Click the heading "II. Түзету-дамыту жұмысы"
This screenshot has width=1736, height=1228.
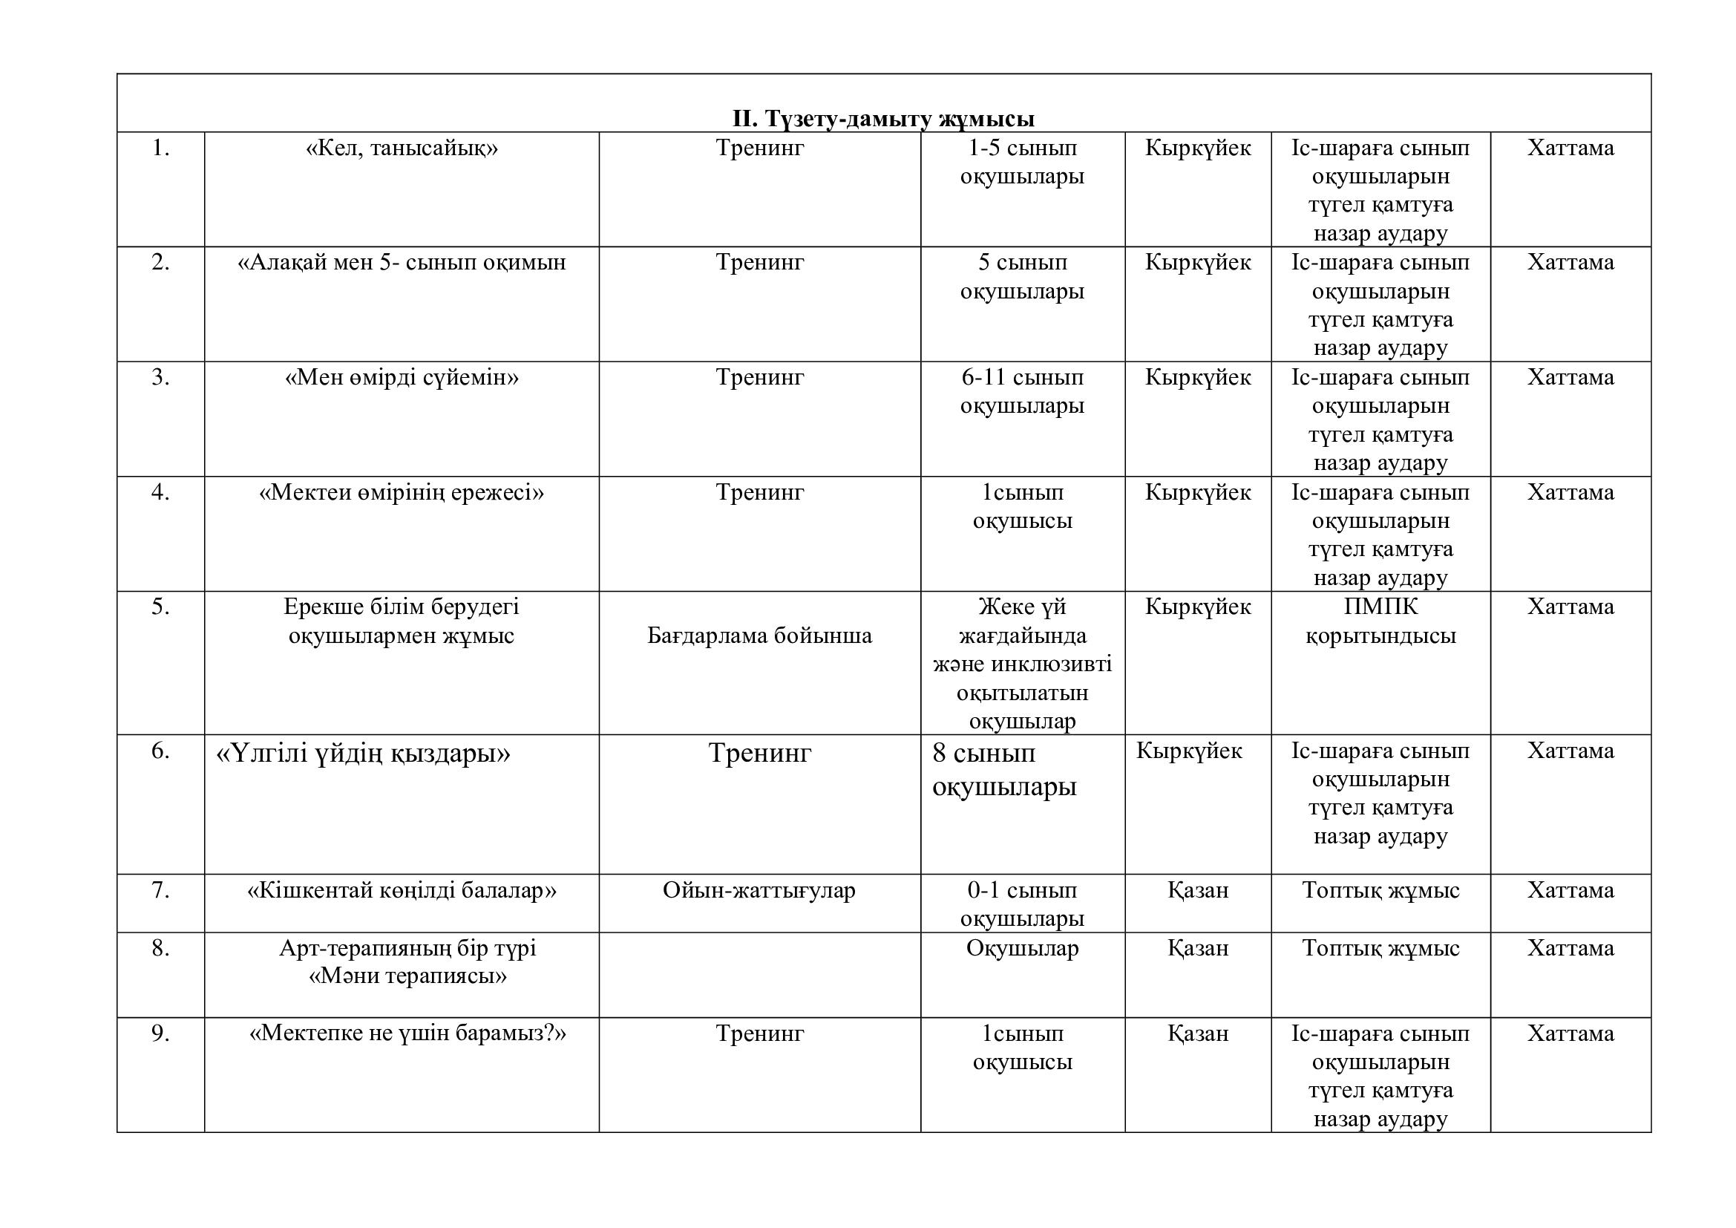883,120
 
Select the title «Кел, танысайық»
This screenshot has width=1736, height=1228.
402,148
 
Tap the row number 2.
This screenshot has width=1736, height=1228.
160,262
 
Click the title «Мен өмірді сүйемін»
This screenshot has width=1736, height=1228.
402,377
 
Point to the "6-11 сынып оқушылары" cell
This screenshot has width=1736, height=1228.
1022,392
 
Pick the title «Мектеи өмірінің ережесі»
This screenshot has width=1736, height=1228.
402,493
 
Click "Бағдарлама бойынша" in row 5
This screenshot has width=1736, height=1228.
759,636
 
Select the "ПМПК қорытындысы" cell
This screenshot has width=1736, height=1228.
1380,621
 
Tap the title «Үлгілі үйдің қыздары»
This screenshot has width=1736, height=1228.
364,754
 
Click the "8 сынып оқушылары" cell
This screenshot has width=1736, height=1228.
1004,770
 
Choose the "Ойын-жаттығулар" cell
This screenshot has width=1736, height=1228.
759,891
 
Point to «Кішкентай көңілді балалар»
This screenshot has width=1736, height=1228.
402,891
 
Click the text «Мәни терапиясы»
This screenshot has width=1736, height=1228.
407,976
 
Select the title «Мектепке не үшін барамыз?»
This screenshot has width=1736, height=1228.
407,1033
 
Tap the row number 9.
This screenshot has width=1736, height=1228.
160,1033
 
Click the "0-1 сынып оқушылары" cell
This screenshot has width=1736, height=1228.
1022,904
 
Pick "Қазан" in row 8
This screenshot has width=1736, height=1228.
1198,948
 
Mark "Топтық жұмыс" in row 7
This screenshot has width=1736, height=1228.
1380,891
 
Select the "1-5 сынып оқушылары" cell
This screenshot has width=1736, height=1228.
1022,163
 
